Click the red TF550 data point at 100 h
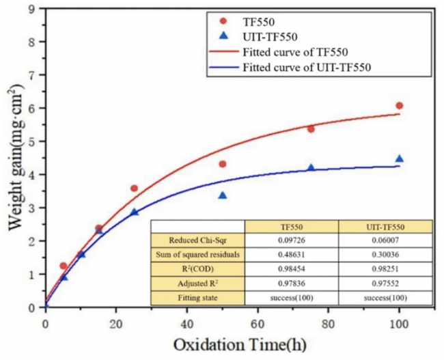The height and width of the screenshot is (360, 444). coord(400,106)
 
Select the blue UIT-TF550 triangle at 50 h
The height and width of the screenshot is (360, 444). coord(222,196)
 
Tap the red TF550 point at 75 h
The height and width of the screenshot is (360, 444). coord(311,129)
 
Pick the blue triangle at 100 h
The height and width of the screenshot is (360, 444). coord(400,159)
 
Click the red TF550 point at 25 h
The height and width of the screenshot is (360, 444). coord(134,189)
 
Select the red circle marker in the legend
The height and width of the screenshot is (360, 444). coord(223,21)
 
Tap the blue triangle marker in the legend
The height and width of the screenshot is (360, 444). coord(223,37)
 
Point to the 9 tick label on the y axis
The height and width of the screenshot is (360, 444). coord(33,8)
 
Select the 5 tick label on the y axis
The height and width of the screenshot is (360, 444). coord(33,141)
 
